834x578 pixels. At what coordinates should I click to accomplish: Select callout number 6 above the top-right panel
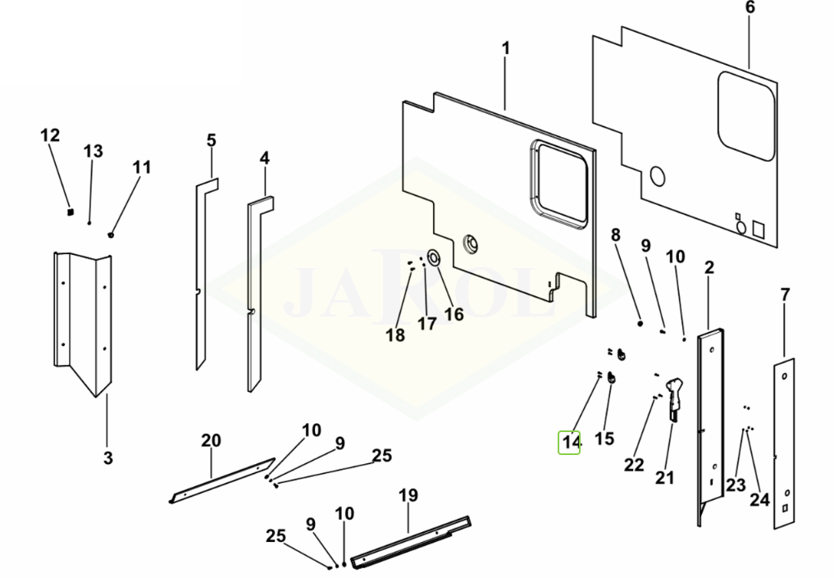(750, 7)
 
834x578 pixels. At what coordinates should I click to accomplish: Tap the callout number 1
(505, 48)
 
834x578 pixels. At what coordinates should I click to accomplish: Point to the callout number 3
(108, 457)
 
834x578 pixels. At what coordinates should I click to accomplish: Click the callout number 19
(408, 495)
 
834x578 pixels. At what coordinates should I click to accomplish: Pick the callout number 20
(211, 441)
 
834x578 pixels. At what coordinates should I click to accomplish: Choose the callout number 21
(664, 477)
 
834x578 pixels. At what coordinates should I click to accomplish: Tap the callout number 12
(50, 135)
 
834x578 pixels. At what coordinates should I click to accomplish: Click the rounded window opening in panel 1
(559, 182)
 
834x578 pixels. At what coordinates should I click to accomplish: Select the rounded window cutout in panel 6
(746, 115)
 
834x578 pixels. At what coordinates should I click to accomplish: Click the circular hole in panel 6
(656, 176)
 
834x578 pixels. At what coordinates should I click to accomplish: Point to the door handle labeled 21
(674, 394)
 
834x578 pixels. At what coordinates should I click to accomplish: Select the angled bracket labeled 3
(82, 320)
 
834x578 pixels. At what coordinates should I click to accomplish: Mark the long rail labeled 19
(410, 542)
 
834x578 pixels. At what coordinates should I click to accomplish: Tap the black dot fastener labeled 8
(640, 324)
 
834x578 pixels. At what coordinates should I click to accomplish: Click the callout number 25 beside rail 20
(381, 456)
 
